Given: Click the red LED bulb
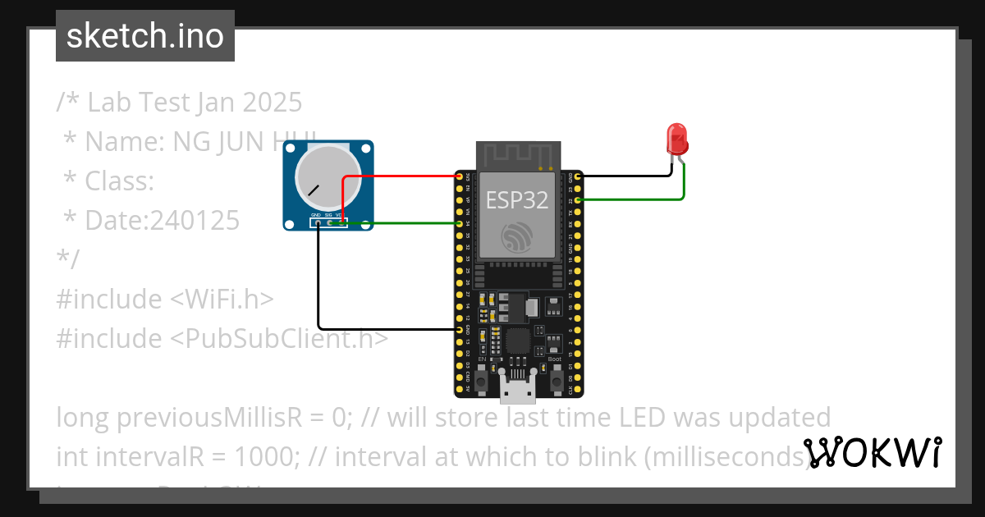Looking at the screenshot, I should coord(677,138).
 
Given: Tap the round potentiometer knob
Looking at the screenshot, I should coord(326,180).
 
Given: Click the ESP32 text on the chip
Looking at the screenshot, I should coord(516,199).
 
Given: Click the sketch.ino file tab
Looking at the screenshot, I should coord(145,36).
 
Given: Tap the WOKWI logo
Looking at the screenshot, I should coord(872,452).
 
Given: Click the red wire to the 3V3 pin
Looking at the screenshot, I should coord(402,176).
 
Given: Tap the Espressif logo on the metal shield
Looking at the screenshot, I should coord(516,237).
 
